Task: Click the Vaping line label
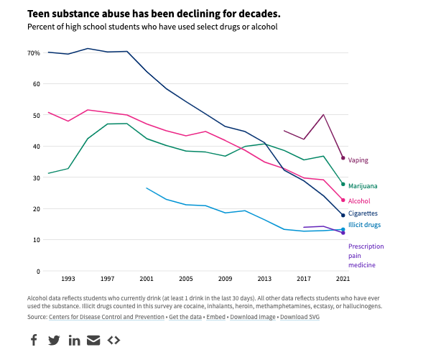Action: click(358, 160)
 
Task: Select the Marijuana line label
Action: click(363, 186)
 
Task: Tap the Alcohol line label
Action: click(359, 201)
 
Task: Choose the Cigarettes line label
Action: click(363, 213)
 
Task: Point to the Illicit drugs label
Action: click(364, 225)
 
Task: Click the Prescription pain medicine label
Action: click(366, 255)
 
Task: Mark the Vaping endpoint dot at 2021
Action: click(343, 157)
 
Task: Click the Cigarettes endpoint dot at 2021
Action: click(343, 216)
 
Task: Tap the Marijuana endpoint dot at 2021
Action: click(343, 184)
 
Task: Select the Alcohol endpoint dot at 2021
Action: click(343, 200)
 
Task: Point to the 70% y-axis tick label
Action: click(34, 53)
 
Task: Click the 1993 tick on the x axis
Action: click(68, 279)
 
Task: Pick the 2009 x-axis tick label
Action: click(225, 279)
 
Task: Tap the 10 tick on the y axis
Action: click(35, 240)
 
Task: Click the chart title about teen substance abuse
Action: click(144, 14)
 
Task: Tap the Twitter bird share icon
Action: click(54, 340)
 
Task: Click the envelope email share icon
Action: click(93, 340)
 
